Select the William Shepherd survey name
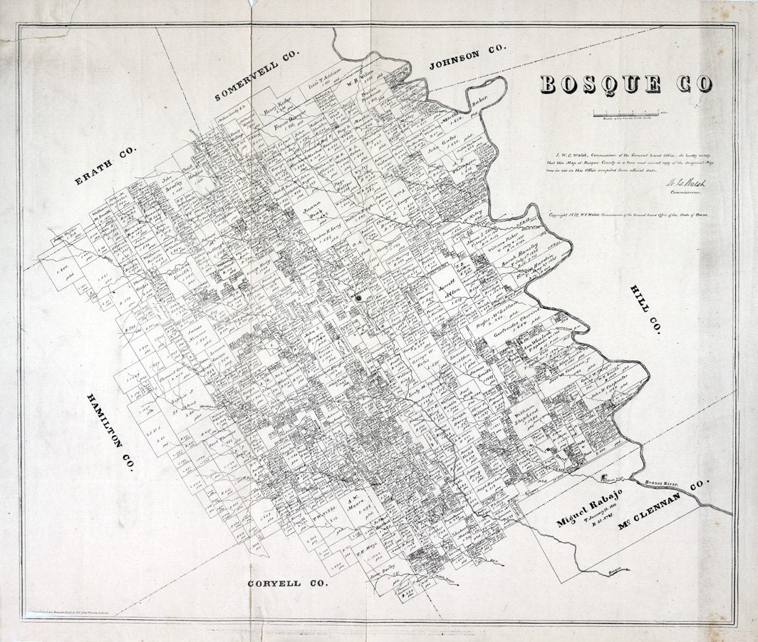pyautogui.click(x=526, y=418)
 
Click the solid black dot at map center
pyautogui.click(x=359, y=297)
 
